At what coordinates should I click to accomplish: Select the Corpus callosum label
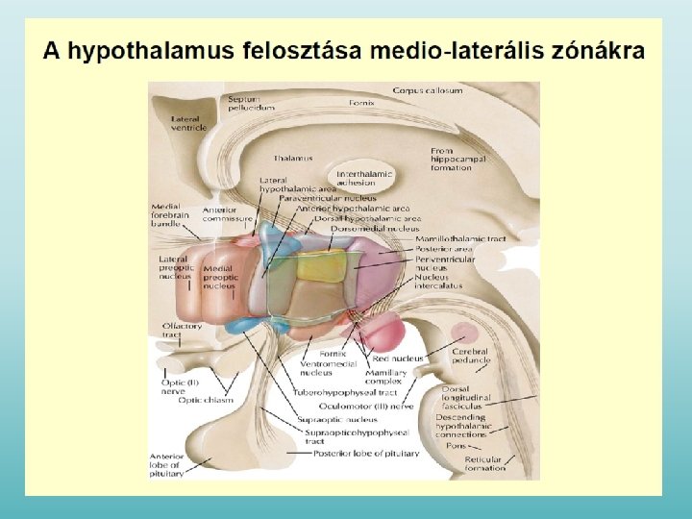[428, 90]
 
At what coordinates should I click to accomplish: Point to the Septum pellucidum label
[251, 103]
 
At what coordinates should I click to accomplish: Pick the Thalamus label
[293, 158]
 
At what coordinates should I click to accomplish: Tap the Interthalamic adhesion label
[364, 177]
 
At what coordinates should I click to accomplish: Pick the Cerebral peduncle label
[471, 357]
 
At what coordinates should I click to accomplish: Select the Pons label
[456, 446]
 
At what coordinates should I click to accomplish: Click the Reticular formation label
[484, 463]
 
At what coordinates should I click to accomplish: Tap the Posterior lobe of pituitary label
[366, 453]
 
